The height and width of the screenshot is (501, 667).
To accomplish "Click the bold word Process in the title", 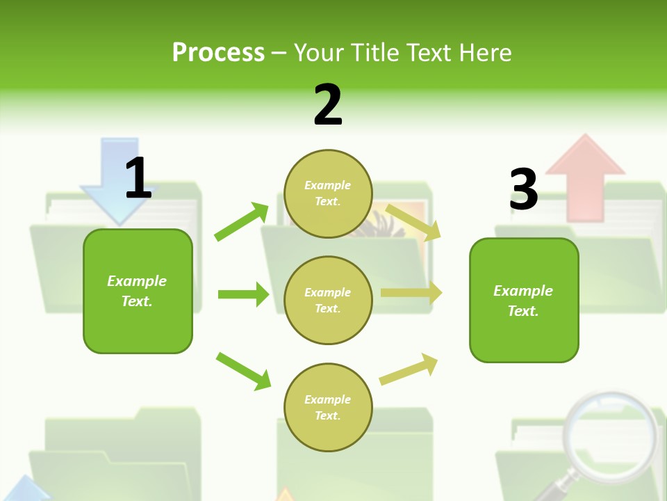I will (218, 53).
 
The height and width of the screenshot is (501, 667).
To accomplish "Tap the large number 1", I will (138, 178).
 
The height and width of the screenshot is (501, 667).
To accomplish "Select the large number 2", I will (328, 104).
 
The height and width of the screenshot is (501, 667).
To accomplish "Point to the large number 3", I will (523, 189).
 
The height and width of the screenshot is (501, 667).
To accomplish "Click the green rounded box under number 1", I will (138, 291).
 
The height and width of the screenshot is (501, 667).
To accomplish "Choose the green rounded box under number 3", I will (524, 300).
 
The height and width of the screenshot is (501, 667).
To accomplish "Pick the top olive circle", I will (328, 193).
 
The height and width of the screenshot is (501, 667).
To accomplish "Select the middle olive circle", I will (328, 300).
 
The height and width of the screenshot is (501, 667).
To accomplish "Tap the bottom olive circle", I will (328, 407).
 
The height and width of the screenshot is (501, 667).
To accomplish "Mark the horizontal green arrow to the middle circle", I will (243, 294).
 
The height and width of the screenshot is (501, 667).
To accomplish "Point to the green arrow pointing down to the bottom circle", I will (243, 371).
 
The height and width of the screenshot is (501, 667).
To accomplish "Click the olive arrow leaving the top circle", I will (413, 222).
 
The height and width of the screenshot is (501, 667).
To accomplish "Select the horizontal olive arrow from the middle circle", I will (411, 293).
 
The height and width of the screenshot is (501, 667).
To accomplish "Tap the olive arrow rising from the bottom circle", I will (409, 369).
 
